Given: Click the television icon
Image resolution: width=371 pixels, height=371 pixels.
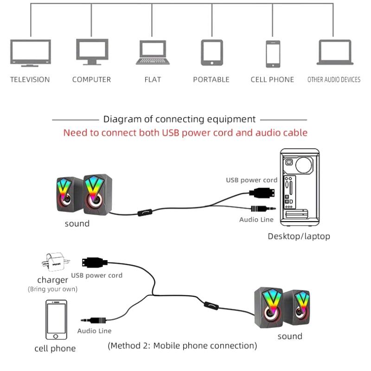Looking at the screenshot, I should coord(30,52).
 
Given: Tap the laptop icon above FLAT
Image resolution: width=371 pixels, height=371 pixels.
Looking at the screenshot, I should coord(152,52).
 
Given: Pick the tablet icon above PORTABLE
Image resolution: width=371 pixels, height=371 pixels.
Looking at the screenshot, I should coord(211,52).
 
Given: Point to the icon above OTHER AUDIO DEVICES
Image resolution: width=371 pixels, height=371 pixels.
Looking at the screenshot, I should coord(334,52).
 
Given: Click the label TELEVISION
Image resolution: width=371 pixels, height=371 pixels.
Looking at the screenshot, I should coord(30,80).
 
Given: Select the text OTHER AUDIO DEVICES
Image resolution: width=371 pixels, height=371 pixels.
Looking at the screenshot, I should coord(334,80).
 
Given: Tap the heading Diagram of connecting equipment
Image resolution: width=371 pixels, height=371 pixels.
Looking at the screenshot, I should coord(179,120).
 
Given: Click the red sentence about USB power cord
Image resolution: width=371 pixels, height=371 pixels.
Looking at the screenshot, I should coord(185,133).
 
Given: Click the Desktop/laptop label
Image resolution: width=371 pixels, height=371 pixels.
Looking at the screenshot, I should coord(299,237).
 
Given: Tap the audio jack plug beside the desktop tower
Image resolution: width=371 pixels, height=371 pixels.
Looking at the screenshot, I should coord(262,209).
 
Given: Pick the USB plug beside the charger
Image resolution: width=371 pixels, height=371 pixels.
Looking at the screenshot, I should coord(95,262).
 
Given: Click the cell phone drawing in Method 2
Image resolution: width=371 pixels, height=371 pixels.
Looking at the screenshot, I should coord(56,320).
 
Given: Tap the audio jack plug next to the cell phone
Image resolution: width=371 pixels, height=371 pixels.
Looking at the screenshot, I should coord(95,320).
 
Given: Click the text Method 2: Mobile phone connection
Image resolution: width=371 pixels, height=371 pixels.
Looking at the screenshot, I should coord(182,346).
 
